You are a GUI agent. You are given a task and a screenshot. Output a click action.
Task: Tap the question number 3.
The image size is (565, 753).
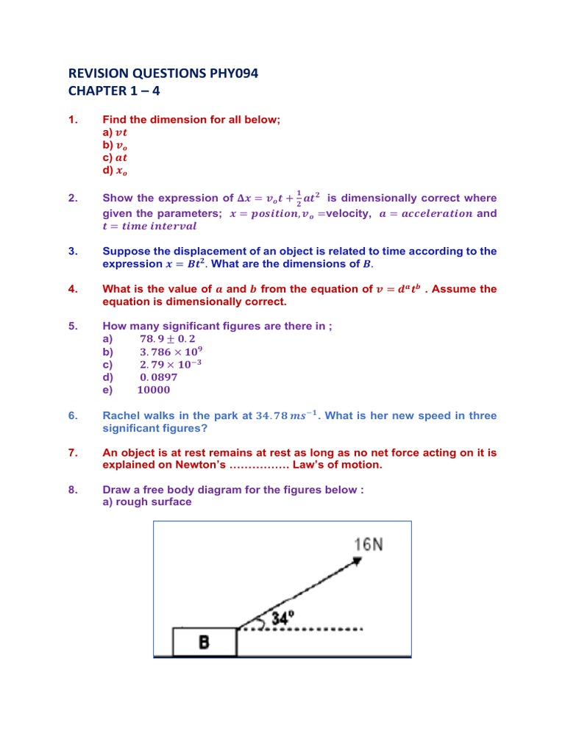click(x=73, y=251)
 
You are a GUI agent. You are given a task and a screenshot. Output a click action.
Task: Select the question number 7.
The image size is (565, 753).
click(x=73, y=452)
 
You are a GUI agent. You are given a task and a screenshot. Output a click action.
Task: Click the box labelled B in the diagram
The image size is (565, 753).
click(x=205, y=642)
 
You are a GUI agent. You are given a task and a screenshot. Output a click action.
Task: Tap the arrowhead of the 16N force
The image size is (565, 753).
click(x=357, y=560)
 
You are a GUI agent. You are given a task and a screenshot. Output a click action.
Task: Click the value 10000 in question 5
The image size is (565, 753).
click(x=154, y=390)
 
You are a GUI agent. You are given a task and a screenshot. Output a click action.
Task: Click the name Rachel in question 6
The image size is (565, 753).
click(x=121, y=415)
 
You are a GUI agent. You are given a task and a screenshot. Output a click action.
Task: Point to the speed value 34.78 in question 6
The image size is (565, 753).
click(x=270, y=415)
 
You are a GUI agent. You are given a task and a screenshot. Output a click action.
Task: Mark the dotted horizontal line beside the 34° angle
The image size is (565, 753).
click(x=324, y=629)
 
